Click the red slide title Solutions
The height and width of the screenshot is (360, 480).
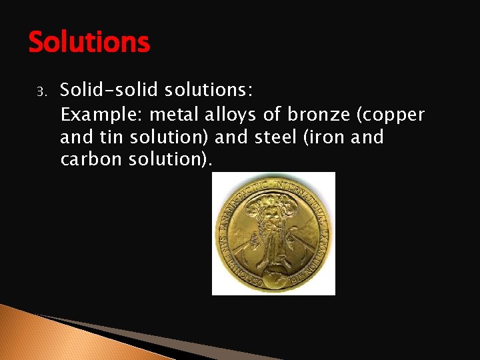tap(89, 43)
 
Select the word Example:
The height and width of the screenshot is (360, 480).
tap(92, 115)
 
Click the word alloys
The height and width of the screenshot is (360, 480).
tap(208, 115)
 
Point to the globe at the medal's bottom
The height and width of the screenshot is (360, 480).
tap(273, 277)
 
